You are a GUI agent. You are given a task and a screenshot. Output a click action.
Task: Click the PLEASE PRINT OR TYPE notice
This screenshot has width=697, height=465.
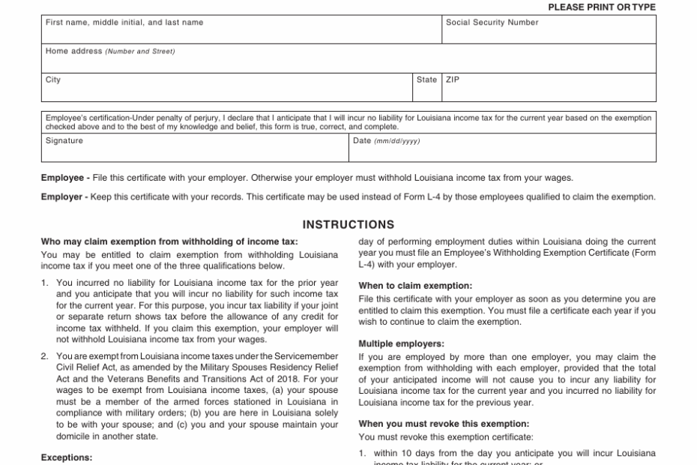[x=602, y=7]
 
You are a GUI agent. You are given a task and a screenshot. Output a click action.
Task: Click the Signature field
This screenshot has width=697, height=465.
[x=195, y=151]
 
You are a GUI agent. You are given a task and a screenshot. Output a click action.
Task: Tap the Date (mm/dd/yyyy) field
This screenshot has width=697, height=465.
[x=502, y=151]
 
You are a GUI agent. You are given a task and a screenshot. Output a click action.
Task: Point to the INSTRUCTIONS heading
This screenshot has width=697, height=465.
[x=348, y=224]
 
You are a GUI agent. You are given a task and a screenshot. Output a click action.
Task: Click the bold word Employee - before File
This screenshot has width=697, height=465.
[x=66, y=178]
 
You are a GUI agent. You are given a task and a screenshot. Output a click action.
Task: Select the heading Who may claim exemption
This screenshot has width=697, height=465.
[x=169, y=241]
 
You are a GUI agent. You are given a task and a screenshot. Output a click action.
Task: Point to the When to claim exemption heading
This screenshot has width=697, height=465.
[x=415, y=286]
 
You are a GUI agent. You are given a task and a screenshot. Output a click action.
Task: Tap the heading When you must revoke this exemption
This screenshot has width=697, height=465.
[x=444, y=424]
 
